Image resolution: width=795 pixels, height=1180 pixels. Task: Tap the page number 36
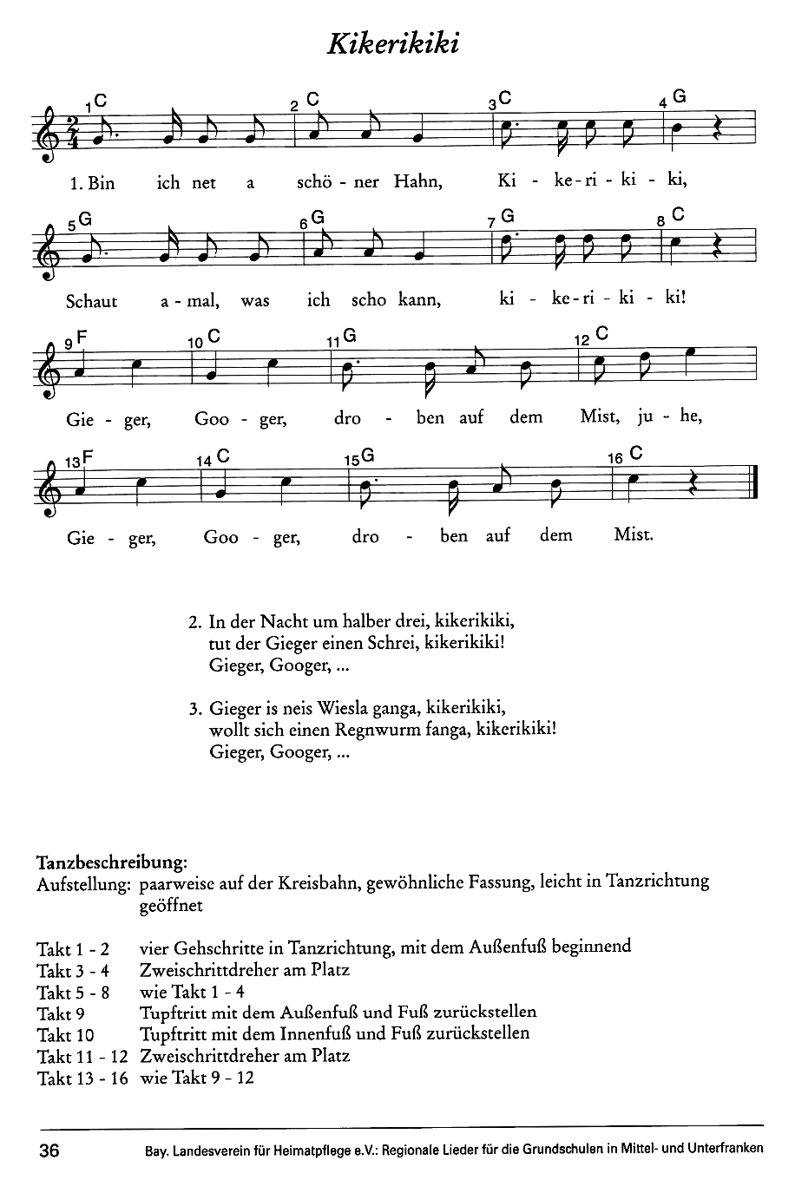click(49, 1150)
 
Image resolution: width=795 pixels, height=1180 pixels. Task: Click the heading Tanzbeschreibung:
click(111, 862)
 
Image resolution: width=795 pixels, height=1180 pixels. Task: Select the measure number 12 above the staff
click(581, 339)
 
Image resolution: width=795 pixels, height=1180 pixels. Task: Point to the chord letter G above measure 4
click(680, 98)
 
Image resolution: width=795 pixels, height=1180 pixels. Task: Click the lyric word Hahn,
click(418, 182)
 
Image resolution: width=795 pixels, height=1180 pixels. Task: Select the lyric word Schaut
click(91, 301)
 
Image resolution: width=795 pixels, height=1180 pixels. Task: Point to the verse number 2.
click(194, 623)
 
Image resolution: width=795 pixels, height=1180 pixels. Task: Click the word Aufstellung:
click(83, 884)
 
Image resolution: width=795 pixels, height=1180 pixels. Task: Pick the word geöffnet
click(170, 906)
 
